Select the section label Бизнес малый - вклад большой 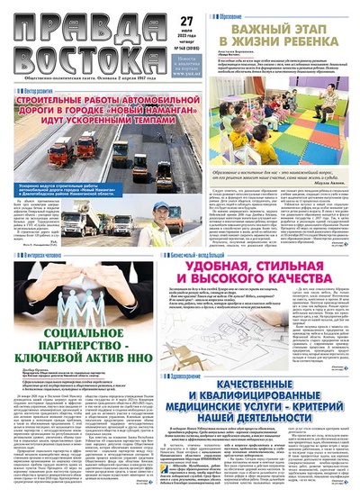[x=216, y=256]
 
